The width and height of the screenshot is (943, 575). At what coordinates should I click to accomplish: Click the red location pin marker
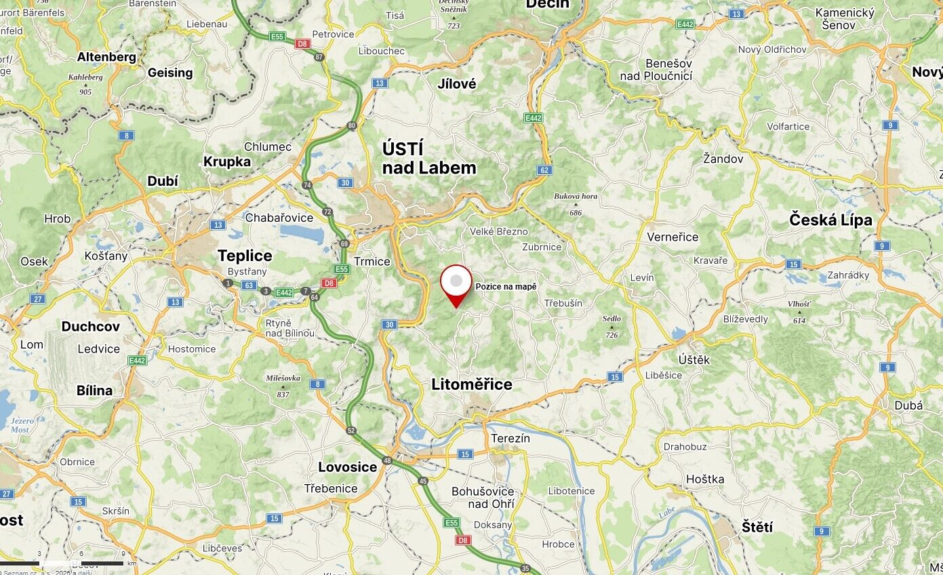click(x=456, y=284)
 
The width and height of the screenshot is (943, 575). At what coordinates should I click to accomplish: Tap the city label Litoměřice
click(x=472, y=384)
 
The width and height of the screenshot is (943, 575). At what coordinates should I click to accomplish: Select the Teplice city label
click(x=245, y=256)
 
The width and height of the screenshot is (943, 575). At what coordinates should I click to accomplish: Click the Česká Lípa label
click(x=830, y=220)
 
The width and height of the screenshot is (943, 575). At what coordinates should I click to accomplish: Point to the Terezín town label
click(x=510, y=438)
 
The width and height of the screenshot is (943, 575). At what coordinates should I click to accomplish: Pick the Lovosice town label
click(x=347, y=467)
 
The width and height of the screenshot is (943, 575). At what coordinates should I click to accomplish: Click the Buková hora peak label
click(x=576, y=196)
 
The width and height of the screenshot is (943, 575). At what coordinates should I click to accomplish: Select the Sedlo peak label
click(x=611, y=319)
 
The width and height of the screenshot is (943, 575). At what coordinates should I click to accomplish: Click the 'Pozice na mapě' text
click(x=506, y=287)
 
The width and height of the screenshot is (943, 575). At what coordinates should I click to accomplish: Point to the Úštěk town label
click(x=694, y=359)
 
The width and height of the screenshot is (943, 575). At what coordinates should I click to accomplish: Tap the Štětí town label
click(x=757, y=527)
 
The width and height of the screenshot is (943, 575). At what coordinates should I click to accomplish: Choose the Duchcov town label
click(x=90, y=326)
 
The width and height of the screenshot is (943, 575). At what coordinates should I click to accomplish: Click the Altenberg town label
click(x=106, y=57)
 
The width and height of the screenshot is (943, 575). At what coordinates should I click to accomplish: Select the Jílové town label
click(x=457, y=84)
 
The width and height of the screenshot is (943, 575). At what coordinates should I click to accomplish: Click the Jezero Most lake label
click(x=20, y=425)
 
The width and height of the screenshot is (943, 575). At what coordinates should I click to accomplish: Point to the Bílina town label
click(x=94, y=391)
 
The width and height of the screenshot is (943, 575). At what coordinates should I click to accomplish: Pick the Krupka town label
click(x=227, y=161)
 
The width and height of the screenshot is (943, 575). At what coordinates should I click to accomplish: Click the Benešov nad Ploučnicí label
click(x=656, y=69)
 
